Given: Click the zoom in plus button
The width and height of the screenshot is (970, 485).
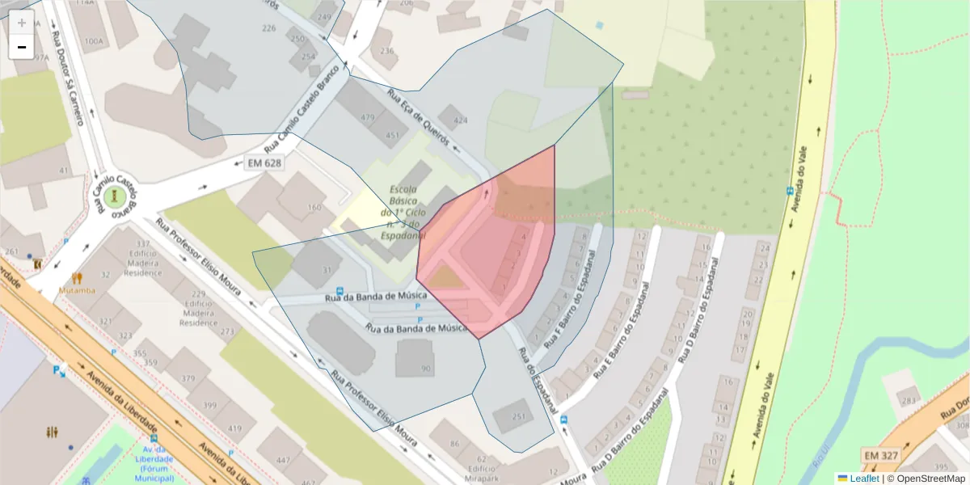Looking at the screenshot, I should [22, 23].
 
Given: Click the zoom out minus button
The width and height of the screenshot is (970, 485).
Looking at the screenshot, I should [22, 47].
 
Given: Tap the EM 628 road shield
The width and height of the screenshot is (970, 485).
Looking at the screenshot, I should [264, 163].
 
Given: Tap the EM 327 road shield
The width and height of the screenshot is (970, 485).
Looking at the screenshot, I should [880, 456].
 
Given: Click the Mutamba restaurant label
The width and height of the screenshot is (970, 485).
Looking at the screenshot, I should [77, 290].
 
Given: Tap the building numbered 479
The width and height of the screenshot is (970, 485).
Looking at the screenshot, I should [368, 118].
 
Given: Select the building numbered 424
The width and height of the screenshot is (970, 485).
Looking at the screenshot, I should [460, 120].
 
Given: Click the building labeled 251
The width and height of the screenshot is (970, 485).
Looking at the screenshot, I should [518, 416].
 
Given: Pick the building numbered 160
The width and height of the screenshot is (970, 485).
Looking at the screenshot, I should [314, 208].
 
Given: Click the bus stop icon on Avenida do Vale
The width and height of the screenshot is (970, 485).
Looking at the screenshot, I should [790, 192].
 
